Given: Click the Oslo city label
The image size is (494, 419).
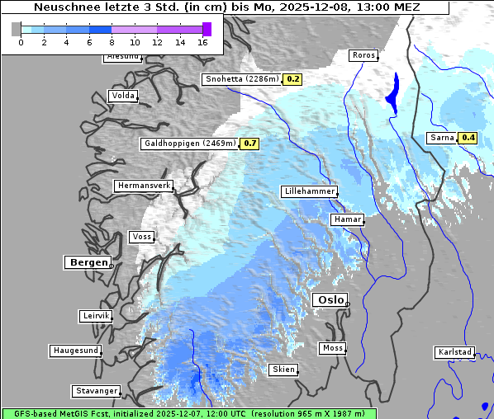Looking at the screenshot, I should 330,299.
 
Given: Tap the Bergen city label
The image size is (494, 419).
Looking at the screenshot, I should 88,262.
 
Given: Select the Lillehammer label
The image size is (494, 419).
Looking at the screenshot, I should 309,191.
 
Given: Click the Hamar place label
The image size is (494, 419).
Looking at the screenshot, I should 346,219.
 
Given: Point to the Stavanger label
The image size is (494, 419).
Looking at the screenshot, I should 95,391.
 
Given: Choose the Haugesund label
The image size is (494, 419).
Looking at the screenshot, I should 75,351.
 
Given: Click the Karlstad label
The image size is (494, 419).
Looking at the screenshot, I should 454,352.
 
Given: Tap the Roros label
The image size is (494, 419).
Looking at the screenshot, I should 363,55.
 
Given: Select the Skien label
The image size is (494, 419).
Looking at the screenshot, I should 283,370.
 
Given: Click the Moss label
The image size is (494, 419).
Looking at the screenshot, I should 332,348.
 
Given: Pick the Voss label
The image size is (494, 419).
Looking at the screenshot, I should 141,237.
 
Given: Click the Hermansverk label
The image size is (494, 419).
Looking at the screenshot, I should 143,186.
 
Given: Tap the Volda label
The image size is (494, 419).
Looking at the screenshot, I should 122,96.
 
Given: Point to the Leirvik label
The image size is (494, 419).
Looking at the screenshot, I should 95,316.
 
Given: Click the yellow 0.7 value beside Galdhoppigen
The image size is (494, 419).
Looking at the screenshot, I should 250,144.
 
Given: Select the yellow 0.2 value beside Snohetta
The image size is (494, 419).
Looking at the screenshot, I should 292,79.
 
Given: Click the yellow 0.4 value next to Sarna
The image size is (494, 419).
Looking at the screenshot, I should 468,138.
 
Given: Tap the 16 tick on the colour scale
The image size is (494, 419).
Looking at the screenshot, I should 202,41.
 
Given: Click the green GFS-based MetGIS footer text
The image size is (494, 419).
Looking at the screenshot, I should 188,413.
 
